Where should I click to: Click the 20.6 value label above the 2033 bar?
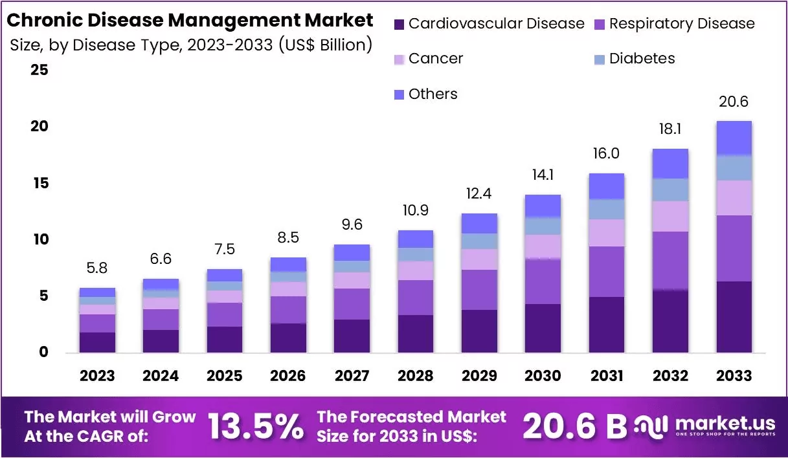(x=734, y=102)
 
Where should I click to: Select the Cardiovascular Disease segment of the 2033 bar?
(x=734, y=316)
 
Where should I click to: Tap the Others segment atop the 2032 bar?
(x=670, y=164)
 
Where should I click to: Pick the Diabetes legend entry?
(x=642, y=59)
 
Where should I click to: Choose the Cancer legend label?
(x=436, y=59)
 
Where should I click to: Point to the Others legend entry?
(x=433, y=94)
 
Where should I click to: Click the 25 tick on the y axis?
(x=39, y=70)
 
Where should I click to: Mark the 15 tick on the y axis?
(x=39, y=183)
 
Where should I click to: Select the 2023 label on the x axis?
(x=97, y=376)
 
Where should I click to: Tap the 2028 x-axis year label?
(x=415, y=376)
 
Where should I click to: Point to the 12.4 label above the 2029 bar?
(x=479, y=193)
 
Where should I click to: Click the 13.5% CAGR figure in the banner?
(x=256, y=426)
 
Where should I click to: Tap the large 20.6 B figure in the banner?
(x=575, y=426)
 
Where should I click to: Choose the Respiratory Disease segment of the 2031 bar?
(x=606, y=272)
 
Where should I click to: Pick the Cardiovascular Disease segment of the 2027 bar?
(x=352, y=336)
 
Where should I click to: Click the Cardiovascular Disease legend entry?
(x=489, y=25)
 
